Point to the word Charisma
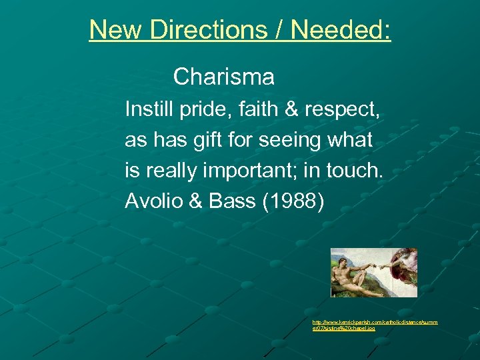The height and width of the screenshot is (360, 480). (x=223, y=77)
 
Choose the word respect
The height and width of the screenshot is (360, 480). (x=342, y=109)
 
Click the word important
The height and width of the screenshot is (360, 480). (x=255, y=171)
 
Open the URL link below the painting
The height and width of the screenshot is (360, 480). (x=375, y=325)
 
